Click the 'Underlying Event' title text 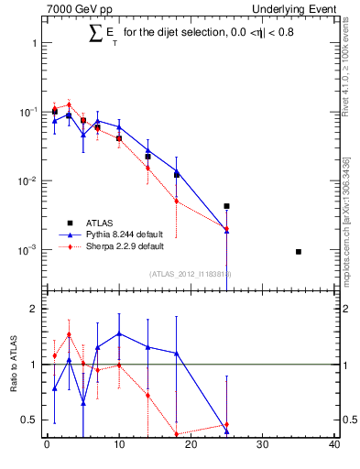point(298,8)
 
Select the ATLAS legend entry point(101,222)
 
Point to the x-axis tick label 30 point(262,446)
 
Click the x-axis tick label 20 point(191,446)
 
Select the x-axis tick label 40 point(334,446)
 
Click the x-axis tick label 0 point(47,446)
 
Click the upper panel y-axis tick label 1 point(33,43)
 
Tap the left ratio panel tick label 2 point(33,310)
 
